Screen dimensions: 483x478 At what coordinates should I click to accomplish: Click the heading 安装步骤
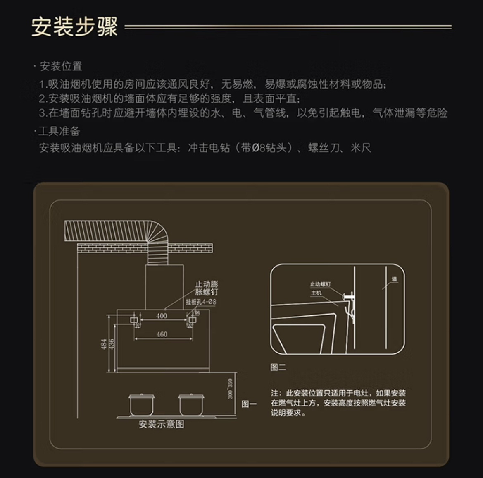pos(75,27)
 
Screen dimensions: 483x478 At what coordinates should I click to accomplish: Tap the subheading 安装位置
pos(61,66)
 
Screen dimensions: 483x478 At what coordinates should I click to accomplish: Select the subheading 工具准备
pos(59,132)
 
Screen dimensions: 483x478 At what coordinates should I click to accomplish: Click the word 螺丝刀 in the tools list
pos(324,148)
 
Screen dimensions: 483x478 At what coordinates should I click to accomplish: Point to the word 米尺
pos(361,148)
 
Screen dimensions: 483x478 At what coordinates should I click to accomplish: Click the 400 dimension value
pos(162,316)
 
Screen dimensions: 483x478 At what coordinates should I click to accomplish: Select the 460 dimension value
pos(162,334)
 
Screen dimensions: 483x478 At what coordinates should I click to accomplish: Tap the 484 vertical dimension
pos(104,344)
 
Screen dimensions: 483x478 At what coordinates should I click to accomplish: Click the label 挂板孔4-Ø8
pos(201,302)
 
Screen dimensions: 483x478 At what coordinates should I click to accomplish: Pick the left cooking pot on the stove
pos(141,404)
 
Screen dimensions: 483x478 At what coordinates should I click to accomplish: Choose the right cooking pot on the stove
pos(191,404)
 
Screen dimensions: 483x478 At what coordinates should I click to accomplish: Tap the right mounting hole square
pos(192,320)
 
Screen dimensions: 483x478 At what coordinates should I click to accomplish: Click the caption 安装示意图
pos(161,424)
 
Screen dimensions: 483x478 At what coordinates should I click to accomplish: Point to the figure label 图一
pos(249,404)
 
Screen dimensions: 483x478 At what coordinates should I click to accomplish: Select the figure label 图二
pos(278,367)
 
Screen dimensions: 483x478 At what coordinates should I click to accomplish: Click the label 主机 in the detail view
pos(316,293)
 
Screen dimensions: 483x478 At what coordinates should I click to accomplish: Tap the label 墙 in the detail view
pos(394,280)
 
